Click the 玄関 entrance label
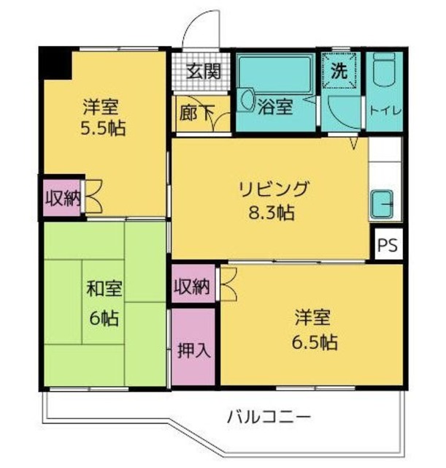pos(202,72)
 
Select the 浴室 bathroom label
pos(275,107)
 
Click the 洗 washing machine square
pos(339,72)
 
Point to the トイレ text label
pos(383,111)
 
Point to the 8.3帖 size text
pos(271,214)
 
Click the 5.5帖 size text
pos(102,129)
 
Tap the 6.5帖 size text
pos(315,341)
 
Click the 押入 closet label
pos(193,350)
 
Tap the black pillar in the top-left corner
pos(55,64)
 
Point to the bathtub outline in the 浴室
pos(275,77)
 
